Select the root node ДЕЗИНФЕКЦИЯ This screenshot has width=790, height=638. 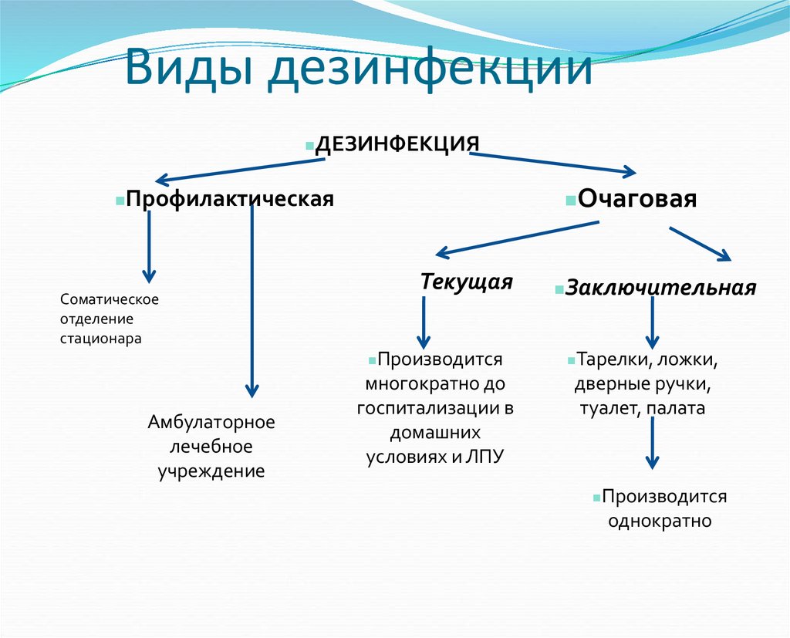(398, 144)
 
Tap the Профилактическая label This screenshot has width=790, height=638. (230, 199)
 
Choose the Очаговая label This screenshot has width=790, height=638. (637, 199)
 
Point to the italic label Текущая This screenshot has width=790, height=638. (466, 282)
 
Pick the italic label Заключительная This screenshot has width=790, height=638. (660, 288)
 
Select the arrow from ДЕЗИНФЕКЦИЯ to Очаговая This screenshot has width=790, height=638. (552, 163)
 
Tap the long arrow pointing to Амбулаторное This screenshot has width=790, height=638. (252, 301)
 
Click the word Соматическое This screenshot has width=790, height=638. (109, 299)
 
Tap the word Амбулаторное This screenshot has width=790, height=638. (211, 423)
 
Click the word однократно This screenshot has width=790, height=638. (659, 521)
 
